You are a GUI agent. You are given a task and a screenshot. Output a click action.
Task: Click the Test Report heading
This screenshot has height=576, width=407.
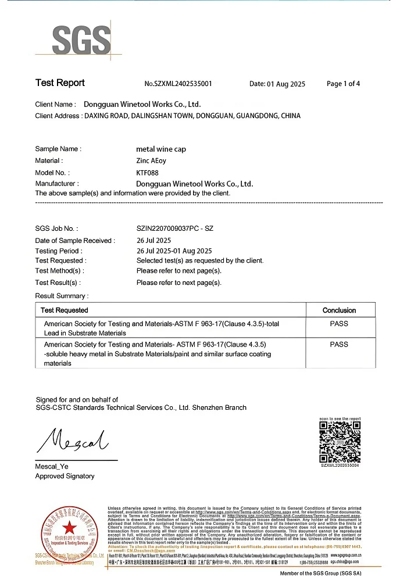60,83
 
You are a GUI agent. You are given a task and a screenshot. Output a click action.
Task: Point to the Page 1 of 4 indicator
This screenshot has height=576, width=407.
343,84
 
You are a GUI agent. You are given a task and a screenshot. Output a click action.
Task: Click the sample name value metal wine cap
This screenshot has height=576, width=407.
161,149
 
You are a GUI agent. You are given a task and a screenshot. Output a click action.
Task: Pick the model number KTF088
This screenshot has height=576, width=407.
147,173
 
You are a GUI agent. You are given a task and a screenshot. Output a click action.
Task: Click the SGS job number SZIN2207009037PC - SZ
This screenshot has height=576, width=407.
174,228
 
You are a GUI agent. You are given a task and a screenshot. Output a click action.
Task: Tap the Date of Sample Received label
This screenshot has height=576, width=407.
75,241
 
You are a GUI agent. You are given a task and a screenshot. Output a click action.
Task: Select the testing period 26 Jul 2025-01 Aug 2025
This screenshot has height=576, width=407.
174,251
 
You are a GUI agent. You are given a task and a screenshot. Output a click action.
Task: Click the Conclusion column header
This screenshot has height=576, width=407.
339,310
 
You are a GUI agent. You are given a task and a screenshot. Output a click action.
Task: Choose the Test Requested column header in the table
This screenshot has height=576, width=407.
65,310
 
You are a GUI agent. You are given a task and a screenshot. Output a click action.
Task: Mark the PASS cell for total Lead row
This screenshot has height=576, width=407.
339,323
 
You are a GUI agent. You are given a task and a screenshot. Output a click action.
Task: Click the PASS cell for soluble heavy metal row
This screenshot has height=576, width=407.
339,345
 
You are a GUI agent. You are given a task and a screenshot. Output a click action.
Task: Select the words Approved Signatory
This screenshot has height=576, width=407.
65,476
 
